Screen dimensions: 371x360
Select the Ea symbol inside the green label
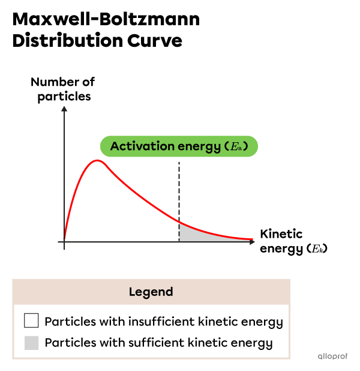pos(239,146)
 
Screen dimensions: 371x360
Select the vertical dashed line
pos(179,192)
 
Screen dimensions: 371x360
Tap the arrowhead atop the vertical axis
pos(64,109)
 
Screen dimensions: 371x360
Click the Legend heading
pos(151,292)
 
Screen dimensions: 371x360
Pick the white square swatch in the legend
pos(31,321)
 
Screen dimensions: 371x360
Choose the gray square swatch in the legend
pos(31,343)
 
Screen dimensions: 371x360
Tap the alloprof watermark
pos(332,356)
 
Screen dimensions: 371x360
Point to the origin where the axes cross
pos(64,241)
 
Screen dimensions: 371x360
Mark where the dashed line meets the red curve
pos(179,222)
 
